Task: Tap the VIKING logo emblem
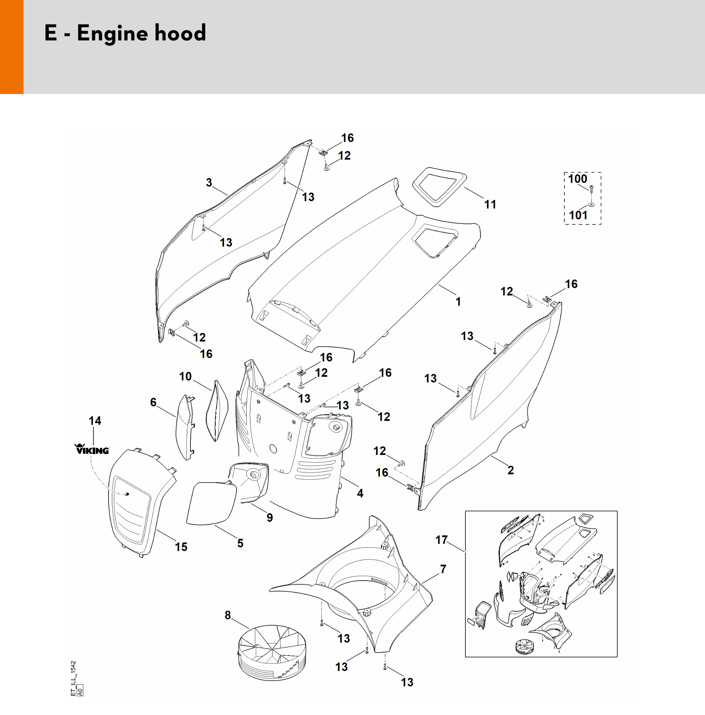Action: click(x=92, y=449)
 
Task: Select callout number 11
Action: click(x=490, y=204)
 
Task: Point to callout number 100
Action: click(x=577, y=179)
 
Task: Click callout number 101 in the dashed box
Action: click(x=578, y=215)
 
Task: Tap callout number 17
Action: click(x=441, y=540)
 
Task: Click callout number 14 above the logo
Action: click(x=95, y=421)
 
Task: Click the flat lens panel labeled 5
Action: click(x=211, y=503)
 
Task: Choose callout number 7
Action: click(x=443, y=569)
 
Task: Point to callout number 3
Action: click(x=209, y=183)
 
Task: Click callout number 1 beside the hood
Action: click(x=458, y=302)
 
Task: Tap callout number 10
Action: click(x=185, y=376)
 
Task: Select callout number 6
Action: click(x=153, y=402)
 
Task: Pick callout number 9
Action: click(x=270, y=517)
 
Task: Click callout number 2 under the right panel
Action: click(x=510, y=470)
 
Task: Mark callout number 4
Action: click(x=360, y=493)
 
